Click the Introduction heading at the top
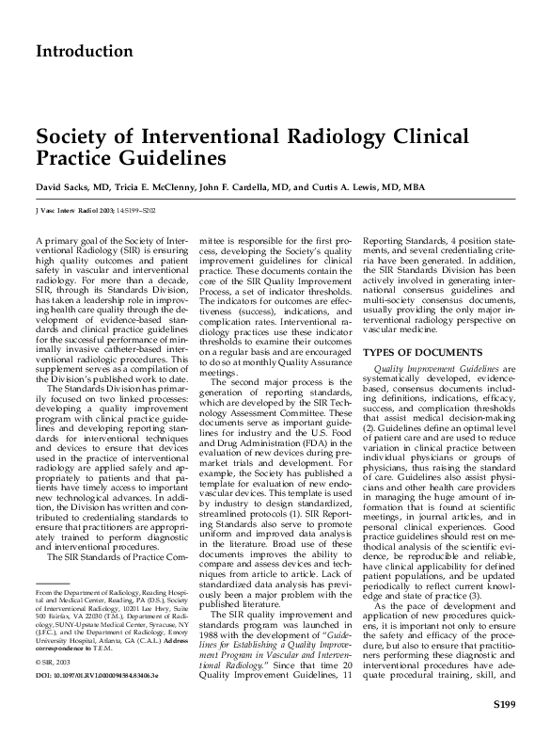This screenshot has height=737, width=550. [x=84, y=51]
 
